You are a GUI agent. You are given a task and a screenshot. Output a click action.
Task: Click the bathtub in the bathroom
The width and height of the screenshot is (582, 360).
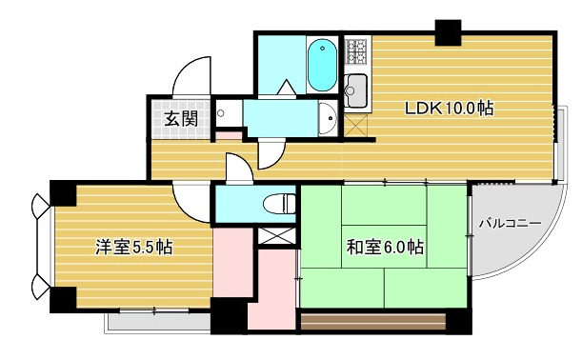point(322,66)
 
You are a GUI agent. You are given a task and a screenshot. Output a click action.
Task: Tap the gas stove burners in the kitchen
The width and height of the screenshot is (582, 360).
point(356,50)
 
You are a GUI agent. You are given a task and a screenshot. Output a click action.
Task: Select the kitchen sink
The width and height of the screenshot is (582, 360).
point(355,90)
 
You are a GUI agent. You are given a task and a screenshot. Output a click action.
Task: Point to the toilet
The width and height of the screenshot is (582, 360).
point(279,204)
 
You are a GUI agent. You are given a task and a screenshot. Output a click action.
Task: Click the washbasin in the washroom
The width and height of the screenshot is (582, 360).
point(328,118)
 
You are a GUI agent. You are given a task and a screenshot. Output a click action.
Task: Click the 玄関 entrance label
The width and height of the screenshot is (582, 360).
point(181,118)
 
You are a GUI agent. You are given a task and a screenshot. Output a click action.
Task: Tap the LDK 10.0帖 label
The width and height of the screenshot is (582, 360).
point(449,109)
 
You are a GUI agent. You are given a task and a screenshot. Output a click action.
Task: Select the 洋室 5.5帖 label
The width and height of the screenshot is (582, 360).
point(133,248)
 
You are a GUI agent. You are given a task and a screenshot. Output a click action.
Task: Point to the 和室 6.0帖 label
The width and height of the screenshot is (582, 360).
point(385,248)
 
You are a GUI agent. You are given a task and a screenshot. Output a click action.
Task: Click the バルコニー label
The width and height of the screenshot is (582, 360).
point(510,224)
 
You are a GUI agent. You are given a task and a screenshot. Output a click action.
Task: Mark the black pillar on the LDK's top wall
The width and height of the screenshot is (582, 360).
point(448,32)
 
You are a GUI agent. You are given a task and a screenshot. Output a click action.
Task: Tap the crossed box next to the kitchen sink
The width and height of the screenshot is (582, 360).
point(355,126)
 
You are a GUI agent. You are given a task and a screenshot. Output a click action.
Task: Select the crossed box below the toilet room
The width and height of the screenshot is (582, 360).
point(277,236)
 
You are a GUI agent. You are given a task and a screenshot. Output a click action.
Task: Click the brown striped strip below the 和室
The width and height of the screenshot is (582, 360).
point(373,322)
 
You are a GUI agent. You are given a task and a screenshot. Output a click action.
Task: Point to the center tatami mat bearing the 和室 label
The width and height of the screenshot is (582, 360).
point(384,246)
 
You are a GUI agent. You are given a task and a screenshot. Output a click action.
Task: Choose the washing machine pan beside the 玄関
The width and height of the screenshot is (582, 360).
point(229,112)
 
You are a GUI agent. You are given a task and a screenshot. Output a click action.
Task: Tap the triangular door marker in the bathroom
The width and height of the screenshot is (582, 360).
point(288,87)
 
